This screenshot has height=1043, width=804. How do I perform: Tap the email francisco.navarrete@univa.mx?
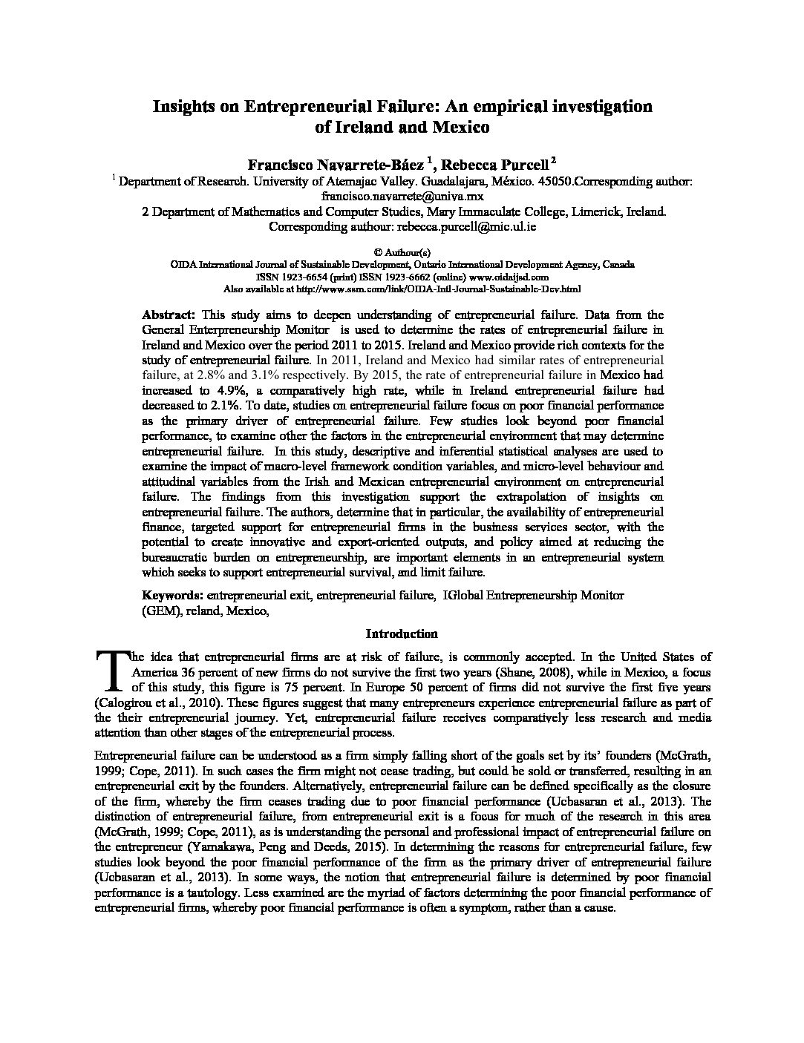402,197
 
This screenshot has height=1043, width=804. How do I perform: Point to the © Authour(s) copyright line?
402,252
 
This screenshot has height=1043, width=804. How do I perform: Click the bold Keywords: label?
172,595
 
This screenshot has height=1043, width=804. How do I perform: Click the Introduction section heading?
402,634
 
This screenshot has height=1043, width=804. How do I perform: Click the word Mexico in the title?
460,127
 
